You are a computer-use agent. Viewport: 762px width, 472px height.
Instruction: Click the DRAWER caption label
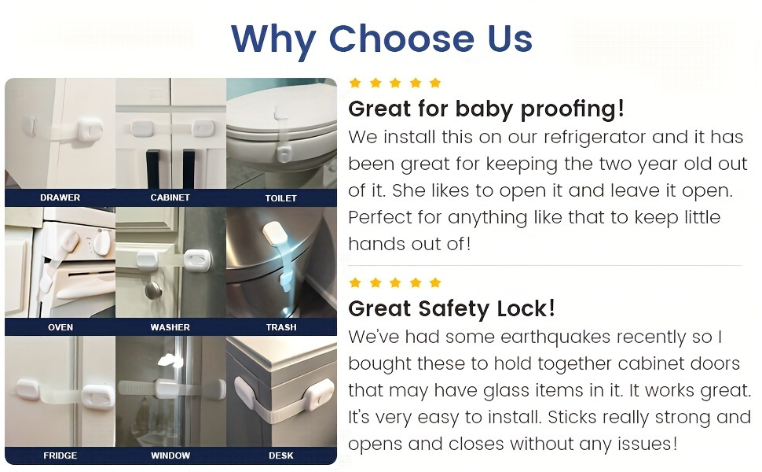pyautogui.click(x=60, y=197)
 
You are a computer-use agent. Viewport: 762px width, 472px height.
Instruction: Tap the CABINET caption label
pyautogui.click(x=170, y=197)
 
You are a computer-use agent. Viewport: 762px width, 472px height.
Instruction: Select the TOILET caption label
pyautogui.click(x=281, y=198)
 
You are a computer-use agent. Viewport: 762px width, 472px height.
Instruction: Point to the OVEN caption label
pyautogui.click(x=60, y=327)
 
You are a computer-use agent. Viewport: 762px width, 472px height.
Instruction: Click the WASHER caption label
pyautogui.click(x=170, y=327)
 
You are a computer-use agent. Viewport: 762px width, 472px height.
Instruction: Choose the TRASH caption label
pyautogui.click(x=281, y=327)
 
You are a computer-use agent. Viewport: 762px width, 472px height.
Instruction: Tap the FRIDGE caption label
pyautogui.click(x=60, y=456)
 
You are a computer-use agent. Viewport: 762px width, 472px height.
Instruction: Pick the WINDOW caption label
pyautogui.click(x=170, y=456)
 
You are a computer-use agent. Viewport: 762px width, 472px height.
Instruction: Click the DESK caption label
pyautogui.click(x=281, y=456)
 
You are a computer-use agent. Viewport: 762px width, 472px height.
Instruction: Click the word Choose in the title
pyautogui.click(x=401, y=39)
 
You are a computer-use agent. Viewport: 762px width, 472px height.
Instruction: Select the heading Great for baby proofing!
pyautogui.click(x=486, y=109)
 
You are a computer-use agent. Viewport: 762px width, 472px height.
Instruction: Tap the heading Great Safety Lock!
pyautogui.click(x=452, y=308)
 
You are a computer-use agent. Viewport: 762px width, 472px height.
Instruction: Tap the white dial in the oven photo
pyautogui.click(x=101, y=242)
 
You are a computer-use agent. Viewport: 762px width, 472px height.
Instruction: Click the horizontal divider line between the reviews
pyautogui.click(x=545, y=266)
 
